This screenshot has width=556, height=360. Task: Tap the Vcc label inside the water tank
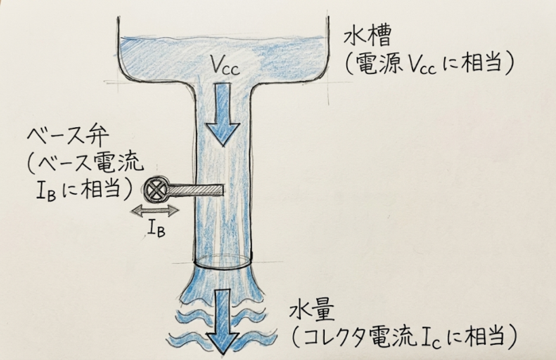click(x=225, y=66)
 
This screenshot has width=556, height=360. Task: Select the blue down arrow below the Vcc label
click(x=223, y=114)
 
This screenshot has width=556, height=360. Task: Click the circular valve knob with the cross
click(x=156, y=190)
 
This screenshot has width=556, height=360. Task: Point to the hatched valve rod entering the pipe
click(x=196, y=190)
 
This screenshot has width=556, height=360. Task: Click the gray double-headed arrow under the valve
click(x=155, y=211)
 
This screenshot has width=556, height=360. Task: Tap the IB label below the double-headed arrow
click(x=156, y=230)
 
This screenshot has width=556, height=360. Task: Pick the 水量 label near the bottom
click(x=312, y=312)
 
